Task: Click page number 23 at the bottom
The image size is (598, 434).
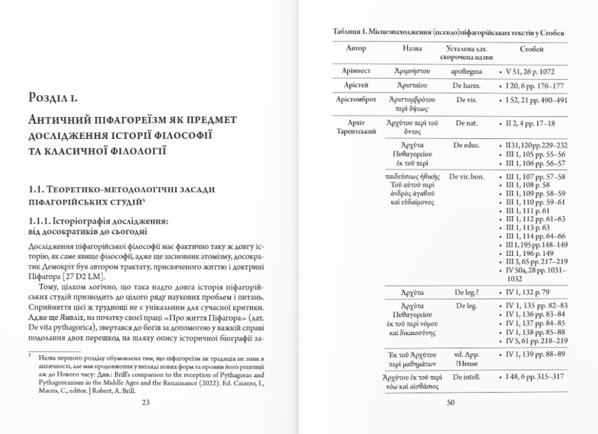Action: pos(146,402)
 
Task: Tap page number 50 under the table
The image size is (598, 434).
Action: pos(450,402)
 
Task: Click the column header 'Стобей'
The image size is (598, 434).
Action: pos(530,48)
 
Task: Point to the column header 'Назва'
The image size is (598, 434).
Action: pos(412,48)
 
